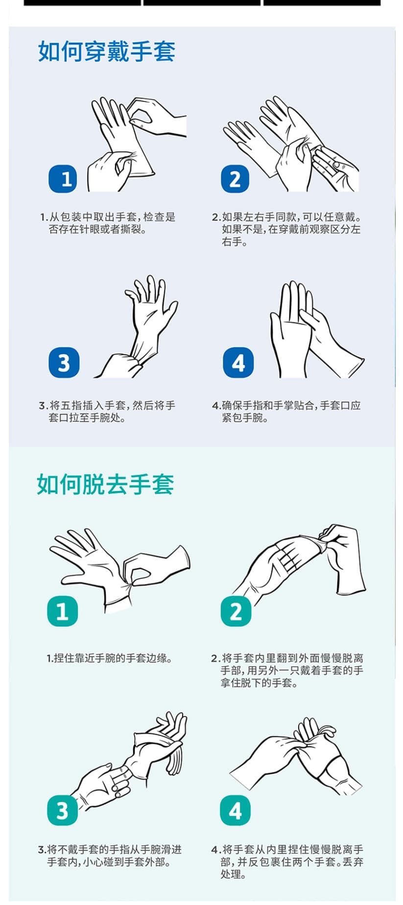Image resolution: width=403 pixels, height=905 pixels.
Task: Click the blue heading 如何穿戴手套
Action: point(106,51)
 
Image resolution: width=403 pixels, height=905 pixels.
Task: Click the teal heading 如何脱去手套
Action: point(105,485)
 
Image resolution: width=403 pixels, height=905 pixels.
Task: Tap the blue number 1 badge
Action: point(64,179)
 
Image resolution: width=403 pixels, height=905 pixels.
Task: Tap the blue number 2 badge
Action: point(235,179)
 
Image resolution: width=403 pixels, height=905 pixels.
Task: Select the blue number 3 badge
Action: point(64,363)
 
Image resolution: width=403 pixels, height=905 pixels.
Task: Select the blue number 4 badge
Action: point(238,363)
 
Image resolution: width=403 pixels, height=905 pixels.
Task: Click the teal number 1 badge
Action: point(62,611)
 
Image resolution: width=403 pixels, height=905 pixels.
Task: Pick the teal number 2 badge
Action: point(236,611)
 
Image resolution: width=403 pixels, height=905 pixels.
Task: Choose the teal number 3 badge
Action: point(62,810)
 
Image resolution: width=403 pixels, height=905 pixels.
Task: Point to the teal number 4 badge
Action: point(235,810)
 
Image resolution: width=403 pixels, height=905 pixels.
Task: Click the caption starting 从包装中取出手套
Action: point(108,223)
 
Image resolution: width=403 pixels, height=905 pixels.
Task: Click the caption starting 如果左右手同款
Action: point(286,229)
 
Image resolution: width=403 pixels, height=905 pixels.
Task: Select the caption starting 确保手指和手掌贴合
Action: point(286,412)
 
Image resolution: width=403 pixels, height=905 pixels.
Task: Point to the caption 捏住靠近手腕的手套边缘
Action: point(110,658)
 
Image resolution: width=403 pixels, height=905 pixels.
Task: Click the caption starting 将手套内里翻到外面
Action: point(287,670)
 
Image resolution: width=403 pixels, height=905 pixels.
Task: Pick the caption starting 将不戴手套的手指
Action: point(110,856)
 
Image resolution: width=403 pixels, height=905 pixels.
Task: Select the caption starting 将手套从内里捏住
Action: point(287,861)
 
